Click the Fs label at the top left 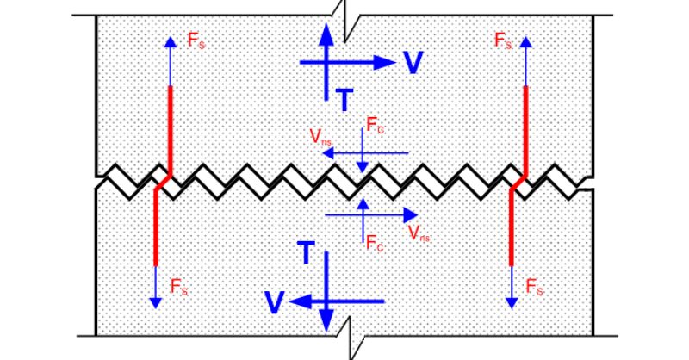point(196,40)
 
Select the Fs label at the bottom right point(534,287)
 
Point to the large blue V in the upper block point(413,63)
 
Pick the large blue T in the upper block point(343,101)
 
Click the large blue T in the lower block point(305,252)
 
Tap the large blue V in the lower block point(275,302)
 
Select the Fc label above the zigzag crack point(375,125)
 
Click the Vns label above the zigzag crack point(320,136)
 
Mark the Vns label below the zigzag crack point(419,233)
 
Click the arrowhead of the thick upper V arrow point(385,62)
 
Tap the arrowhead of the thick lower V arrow point(299,301)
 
